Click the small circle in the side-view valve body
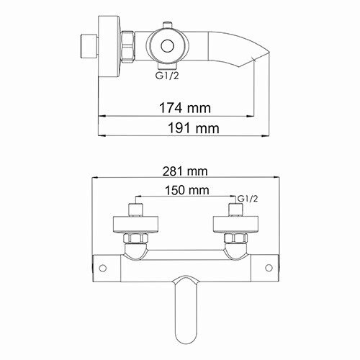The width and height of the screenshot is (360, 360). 168,46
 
